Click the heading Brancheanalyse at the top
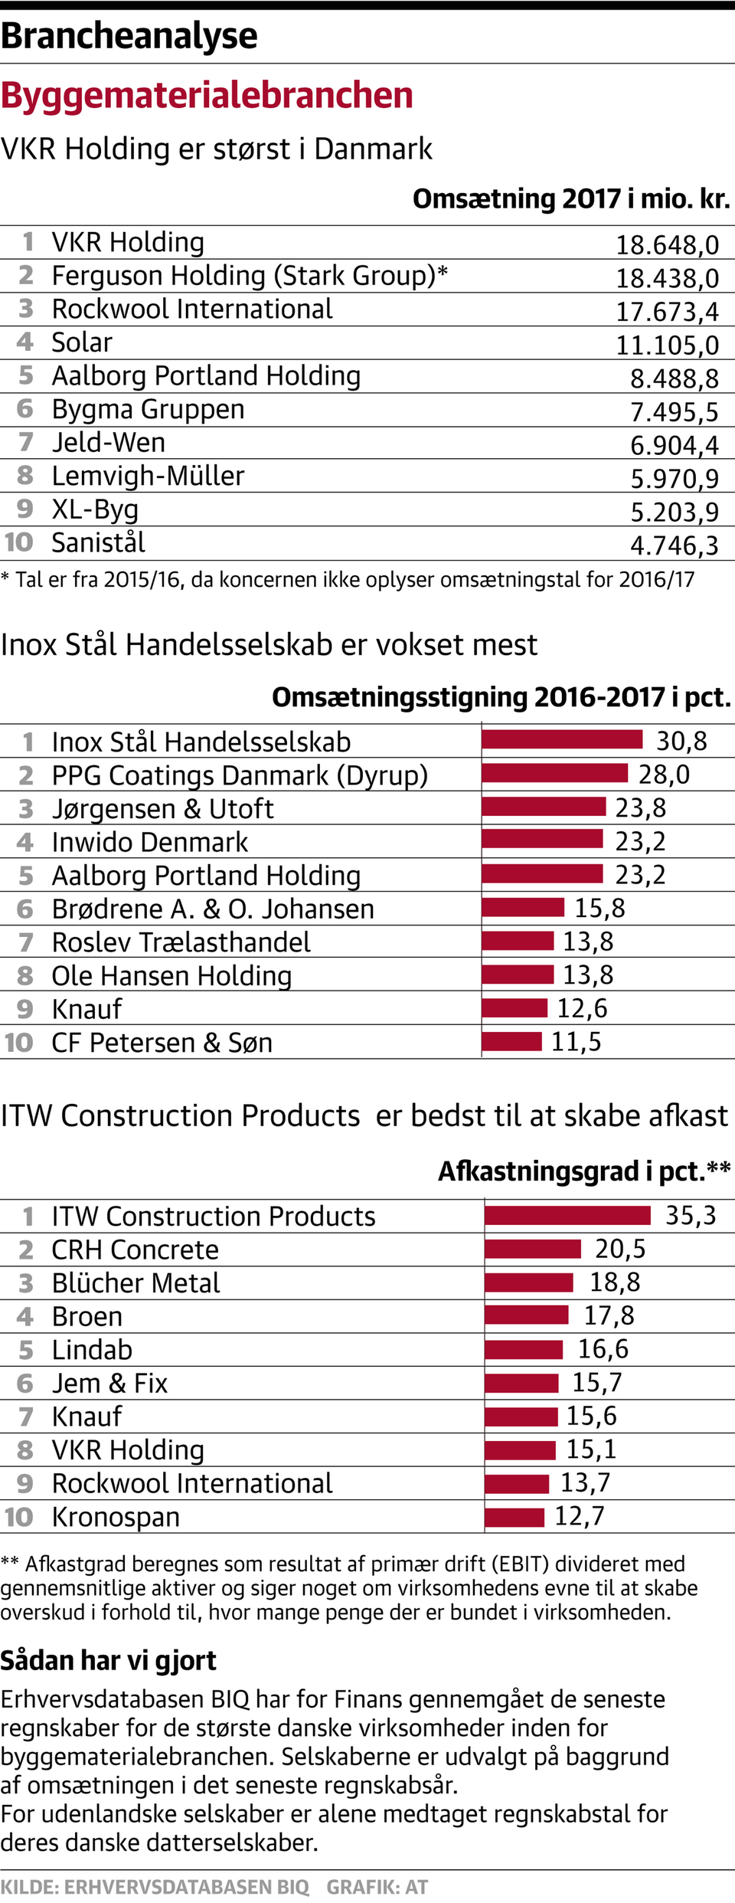[x=129, y=35]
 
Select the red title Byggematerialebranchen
[x=207, y=95]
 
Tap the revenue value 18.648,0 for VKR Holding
[x=667, y=244]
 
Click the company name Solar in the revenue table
[x=82, y=342]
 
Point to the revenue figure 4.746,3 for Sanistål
[x=674, y=545]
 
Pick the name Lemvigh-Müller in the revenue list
[x=148, y=476]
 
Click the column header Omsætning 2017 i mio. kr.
[x=571, y=198]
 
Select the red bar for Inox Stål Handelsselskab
[x=562, y=739]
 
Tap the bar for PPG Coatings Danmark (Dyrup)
[x=554, y=773]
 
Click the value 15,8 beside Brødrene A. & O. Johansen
[x=599, y=908]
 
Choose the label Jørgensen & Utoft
[x=162, y=808]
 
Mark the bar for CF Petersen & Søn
[x=511, y=1041]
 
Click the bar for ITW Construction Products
[x=567, y=1215]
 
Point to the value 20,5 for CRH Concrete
[x=620, y=1249]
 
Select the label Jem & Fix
[x=109, y=1383]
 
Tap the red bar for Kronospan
[x=514, y=1516]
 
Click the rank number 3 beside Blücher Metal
[x=26, y=1282]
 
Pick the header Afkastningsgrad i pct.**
[x=583, y=1171]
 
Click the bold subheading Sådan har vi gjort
[x=108, y=1660]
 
